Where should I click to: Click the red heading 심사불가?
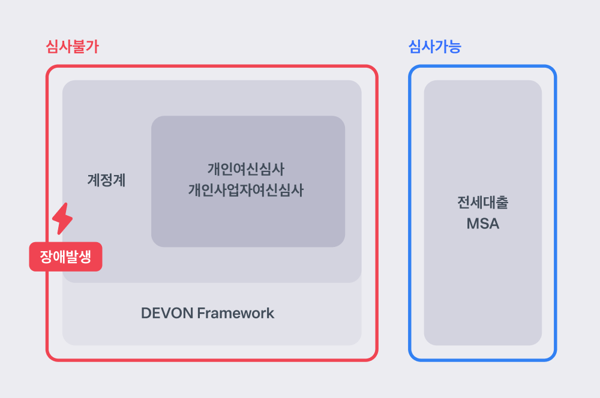click(x=73, y=47)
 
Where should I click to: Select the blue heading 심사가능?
click(x=434, y=47)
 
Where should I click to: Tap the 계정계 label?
click(x=106, y=180)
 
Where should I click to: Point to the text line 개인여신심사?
click(x=246, y=169)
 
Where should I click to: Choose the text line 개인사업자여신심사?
click(x=246, y=190)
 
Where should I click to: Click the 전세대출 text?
click(x=483, y=202)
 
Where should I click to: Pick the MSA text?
click(x=483, y=224)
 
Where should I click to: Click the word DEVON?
click(x=167, y=313)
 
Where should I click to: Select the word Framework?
click(x=236, y=313)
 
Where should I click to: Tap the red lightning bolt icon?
click(x=62, y=219)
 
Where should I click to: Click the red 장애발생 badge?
click(x=66, y=257)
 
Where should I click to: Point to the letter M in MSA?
click(x=473, y=224)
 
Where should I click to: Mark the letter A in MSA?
click(x=494, y=224)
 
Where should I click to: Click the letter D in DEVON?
click(x=146, y=313)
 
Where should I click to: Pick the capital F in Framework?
click(x=201, y=313)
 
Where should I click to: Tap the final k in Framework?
click(x=271, y=313)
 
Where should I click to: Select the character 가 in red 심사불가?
click(x=92, y=47)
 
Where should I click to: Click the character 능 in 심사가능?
click(x=455, y=47)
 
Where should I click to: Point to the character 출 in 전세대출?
click(x=502, y=202)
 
